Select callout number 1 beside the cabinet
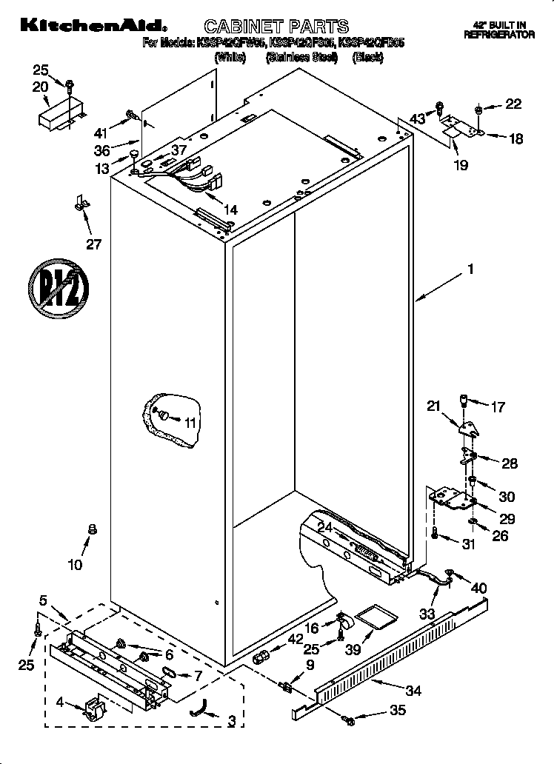click(470, 271)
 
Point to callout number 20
click(40, 87)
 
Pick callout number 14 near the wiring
click(230, 210)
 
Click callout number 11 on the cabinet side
click(191, 423)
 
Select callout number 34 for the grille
click(413, 691)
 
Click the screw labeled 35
click(347, 717)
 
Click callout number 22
click(513, 104)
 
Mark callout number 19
click(461, 166)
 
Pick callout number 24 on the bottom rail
click(324, 528)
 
